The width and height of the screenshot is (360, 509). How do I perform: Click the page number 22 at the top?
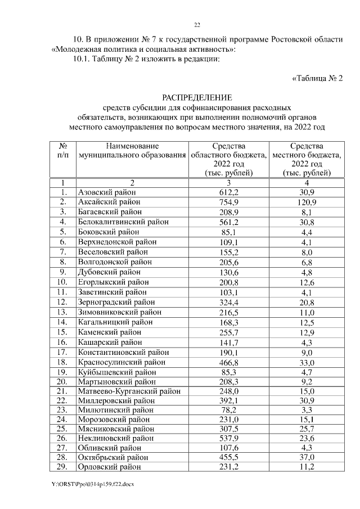(197, 25)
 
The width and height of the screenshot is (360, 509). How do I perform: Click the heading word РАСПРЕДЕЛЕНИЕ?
(196, 97)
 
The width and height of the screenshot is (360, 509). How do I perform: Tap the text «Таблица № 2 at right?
(317, 78)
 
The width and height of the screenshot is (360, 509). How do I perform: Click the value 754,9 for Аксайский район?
(229, 201)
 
